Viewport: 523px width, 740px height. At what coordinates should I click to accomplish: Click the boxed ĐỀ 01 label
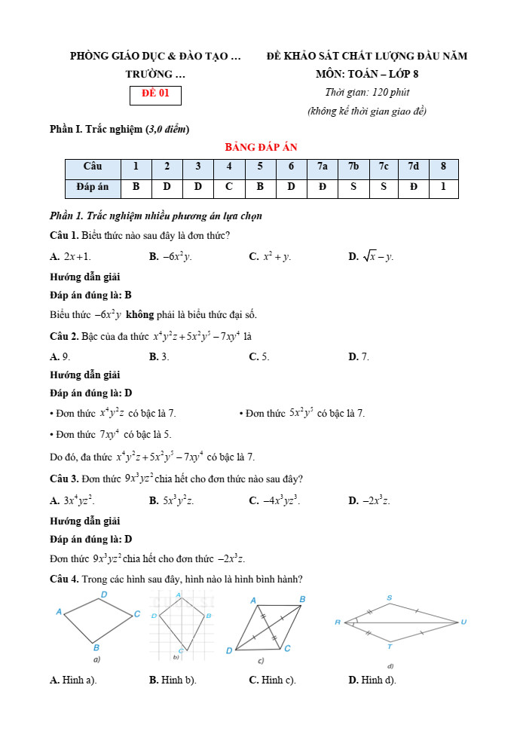[x=155, y=95]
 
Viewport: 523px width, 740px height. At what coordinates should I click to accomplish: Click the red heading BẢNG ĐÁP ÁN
[x=261, y=147]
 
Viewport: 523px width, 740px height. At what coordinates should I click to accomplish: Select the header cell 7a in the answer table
[x=322, y=167]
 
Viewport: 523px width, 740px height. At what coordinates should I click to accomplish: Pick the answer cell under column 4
[x=228, y=186]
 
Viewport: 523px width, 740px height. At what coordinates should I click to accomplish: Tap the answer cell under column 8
[x=443, y=186]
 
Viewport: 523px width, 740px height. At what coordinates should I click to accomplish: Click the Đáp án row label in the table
[x=93, y=186]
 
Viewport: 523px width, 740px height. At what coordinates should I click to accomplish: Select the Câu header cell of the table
[x=93, y=167]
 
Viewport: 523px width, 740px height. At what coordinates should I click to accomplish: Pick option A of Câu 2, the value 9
[x=60, y=356]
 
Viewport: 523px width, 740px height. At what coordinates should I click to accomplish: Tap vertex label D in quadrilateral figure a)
[x=104, y=595]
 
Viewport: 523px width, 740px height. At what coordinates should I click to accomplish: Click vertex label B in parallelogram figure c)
[x=302, y=599]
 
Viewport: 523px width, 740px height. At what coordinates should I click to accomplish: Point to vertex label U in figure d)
[x=463, y=622]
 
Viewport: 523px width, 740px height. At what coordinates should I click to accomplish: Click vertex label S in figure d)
[x=390, y=598]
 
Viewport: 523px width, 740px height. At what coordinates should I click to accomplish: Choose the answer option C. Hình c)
[x=272, y=680]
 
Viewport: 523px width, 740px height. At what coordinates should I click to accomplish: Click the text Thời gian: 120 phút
[x=366, y=93]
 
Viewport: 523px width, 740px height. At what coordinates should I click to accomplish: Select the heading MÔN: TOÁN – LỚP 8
[x=366, y=75]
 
